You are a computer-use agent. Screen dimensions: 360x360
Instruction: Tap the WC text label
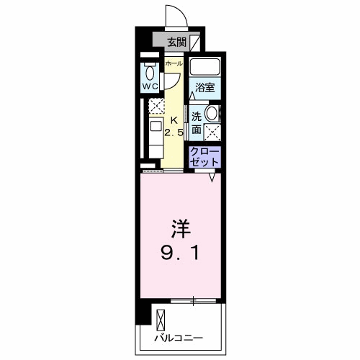pyautogui.click(x=149, y=86)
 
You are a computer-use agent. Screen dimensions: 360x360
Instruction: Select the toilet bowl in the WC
pyautogui.click(x=149, y=71)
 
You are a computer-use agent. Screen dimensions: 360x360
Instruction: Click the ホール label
pyautogui.click(x=174, y=64)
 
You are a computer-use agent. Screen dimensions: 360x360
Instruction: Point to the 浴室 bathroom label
pyautogui.click(x=204, y=88)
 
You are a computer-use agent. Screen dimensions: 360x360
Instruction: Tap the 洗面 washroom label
pyautogui.click(x=197, y=122)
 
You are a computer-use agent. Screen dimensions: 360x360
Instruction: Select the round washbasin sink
pyautogui.click(x=212, y=114)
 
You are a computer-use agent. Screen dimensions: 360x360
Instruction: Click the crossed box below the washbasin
pyautogui.click(x=212, y=131)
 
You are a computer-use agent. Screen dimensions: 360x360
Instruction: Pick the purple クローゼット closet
pyautogui.click(x=204, y=157)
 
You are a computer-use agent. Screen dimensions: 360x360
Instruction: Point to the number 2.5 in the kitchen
pyautogui.click(x=174, y=133)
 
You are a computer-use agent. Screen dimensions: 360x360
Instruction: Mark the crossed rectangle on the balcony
pyautogui.click(x=160, y=318)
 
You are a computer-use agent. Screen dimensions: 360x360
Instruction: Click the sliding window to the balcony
pyautogui.click(x=193, y=300)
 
